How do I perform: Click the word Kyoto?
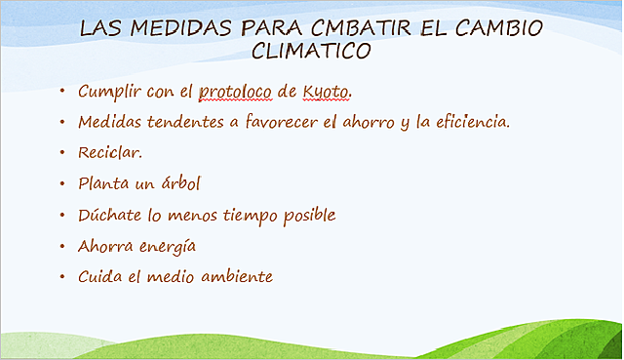coord(325,93)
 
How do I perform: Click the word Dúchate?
coord(109,215)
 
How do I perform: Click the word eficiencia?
coord(473,123)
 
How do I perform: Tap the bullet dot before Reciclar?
coord(61,153)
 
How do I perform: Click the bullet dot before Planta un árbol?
coord(61,183)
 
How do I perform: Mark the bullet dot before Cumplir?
coord(61,93)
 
